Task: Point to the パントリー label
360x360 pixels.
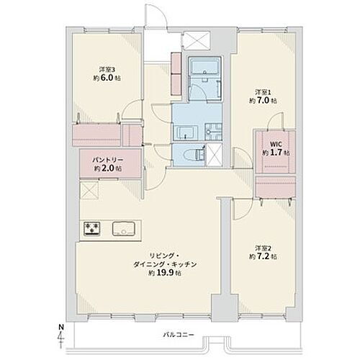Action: coord(98,159)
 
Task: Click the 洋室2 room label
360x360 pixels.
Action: coord(264,249)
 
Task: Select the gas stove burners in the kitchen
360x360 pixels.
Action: coord(93,230)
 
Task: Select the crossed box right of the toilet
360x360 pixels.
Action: coord(214,153)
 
